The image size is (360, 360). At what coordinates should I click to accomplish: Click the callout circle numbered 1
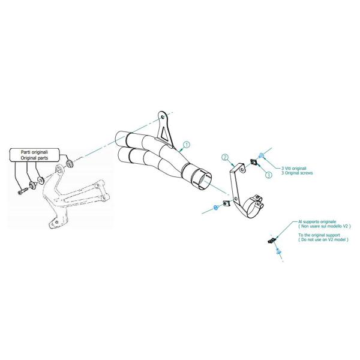187,145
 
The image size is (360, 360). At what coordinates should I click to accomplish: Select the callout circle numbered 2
225,157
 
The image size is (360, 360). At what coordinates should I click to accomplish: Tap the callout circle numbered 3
269,175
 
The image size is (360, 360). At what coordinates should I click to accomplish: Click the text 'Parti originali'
34,152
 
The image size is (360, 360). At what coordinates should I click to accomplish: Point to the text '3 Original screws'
297,173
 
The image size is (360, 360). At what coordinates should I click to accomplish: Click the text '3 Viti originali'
294,168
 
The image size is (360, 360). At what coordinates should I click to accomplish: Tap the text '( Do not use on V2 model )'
323,239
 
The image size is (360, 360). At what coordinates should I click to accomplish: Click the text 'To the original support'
319,235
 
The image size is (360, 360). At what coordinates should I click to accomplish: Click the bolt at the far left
23,191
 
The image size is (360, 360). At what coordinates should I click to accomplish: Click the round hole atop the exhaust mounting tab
163,118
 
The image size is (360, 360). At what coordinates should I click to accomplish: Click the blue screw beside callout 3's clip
262,156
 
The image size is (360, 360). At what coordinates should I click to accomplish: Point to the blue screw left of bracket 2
215,208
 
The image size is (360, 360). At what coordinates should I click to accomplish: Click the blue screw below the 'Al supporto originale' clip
279,251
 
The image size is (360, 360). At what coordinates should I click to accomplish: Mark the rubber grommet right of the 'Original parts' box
69,164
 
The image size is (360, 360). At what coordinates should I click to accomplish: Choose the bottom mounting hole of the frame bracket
57,222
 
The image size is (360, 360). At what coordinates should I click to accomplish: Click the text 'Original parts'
34,158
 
